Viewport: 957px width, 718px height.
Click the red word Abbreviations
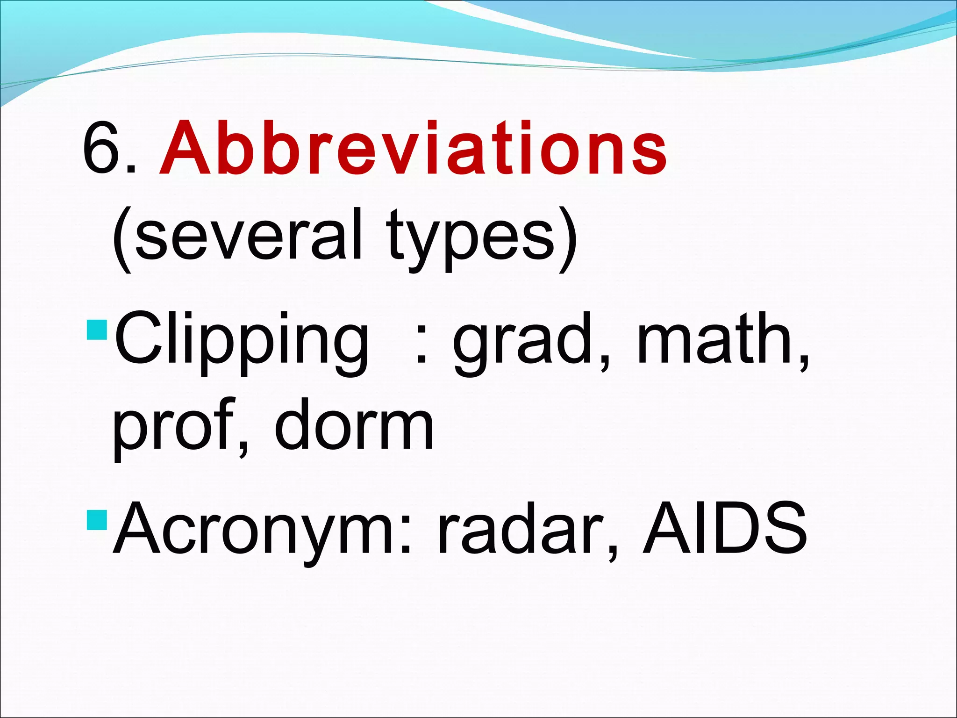pyautogui.click(x=413, y=149)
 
